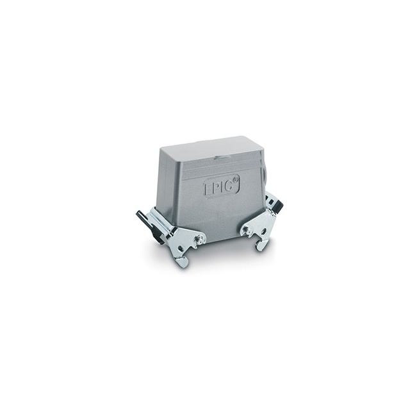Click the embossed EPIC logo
click(222, 184)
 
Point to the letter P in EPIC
click(217, 186)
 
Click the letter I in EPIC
click(222, 185)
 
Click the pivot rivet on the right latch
click(246, 230)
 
